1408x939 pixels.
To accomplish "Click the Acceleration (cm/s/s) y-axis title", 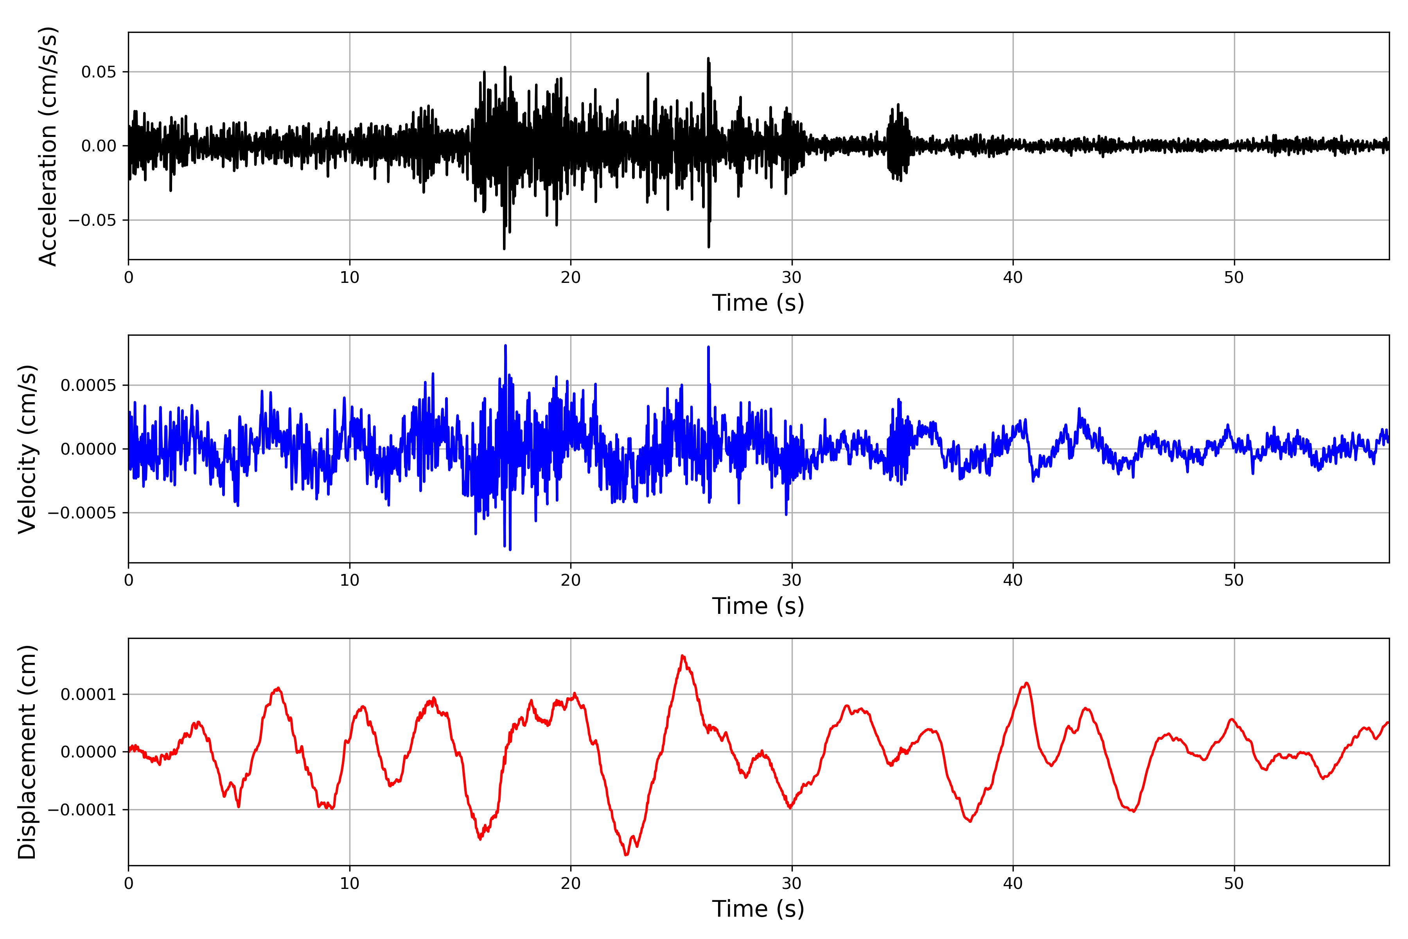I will pos(48,146).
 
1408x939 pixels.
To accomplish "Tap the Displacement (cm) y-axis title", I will pos(27,752).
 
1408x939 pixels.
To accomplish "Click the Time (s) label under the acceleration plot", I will pos(758,303).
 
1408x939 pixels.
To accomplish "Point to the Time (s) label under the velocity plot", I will pos(758,606).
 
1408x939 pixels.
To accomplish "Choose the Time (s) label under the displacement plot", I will pos(758,909).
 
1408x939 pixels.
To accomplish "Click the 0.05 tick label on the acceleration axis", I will pos(99,72).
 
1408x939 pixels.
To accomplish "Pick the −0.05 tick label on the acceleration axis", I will pos(92,220).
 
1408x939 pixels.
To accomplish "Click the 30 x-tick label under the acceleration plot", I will pos(791,278).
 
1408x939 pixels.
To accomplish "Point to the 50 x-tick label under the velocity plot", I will pos(1234,580).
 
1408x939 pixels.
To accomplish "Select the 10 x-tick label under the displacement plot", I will pos(350,883).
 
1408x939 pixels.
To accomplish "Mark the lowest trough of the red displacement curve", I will pos(626,854).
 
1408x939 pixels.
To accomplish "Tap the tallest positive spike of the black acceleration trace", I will pos(708,59).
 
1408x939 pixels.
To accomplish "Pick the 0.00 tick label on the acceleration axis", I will pos(99,146).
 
